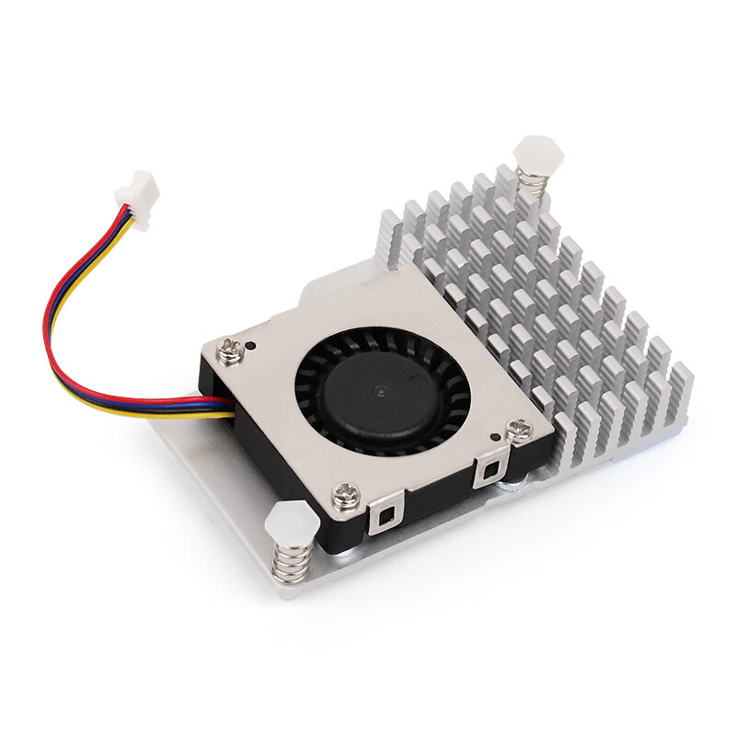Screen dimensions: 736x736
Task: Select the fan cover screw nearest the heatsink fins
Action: pos(518,427)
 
